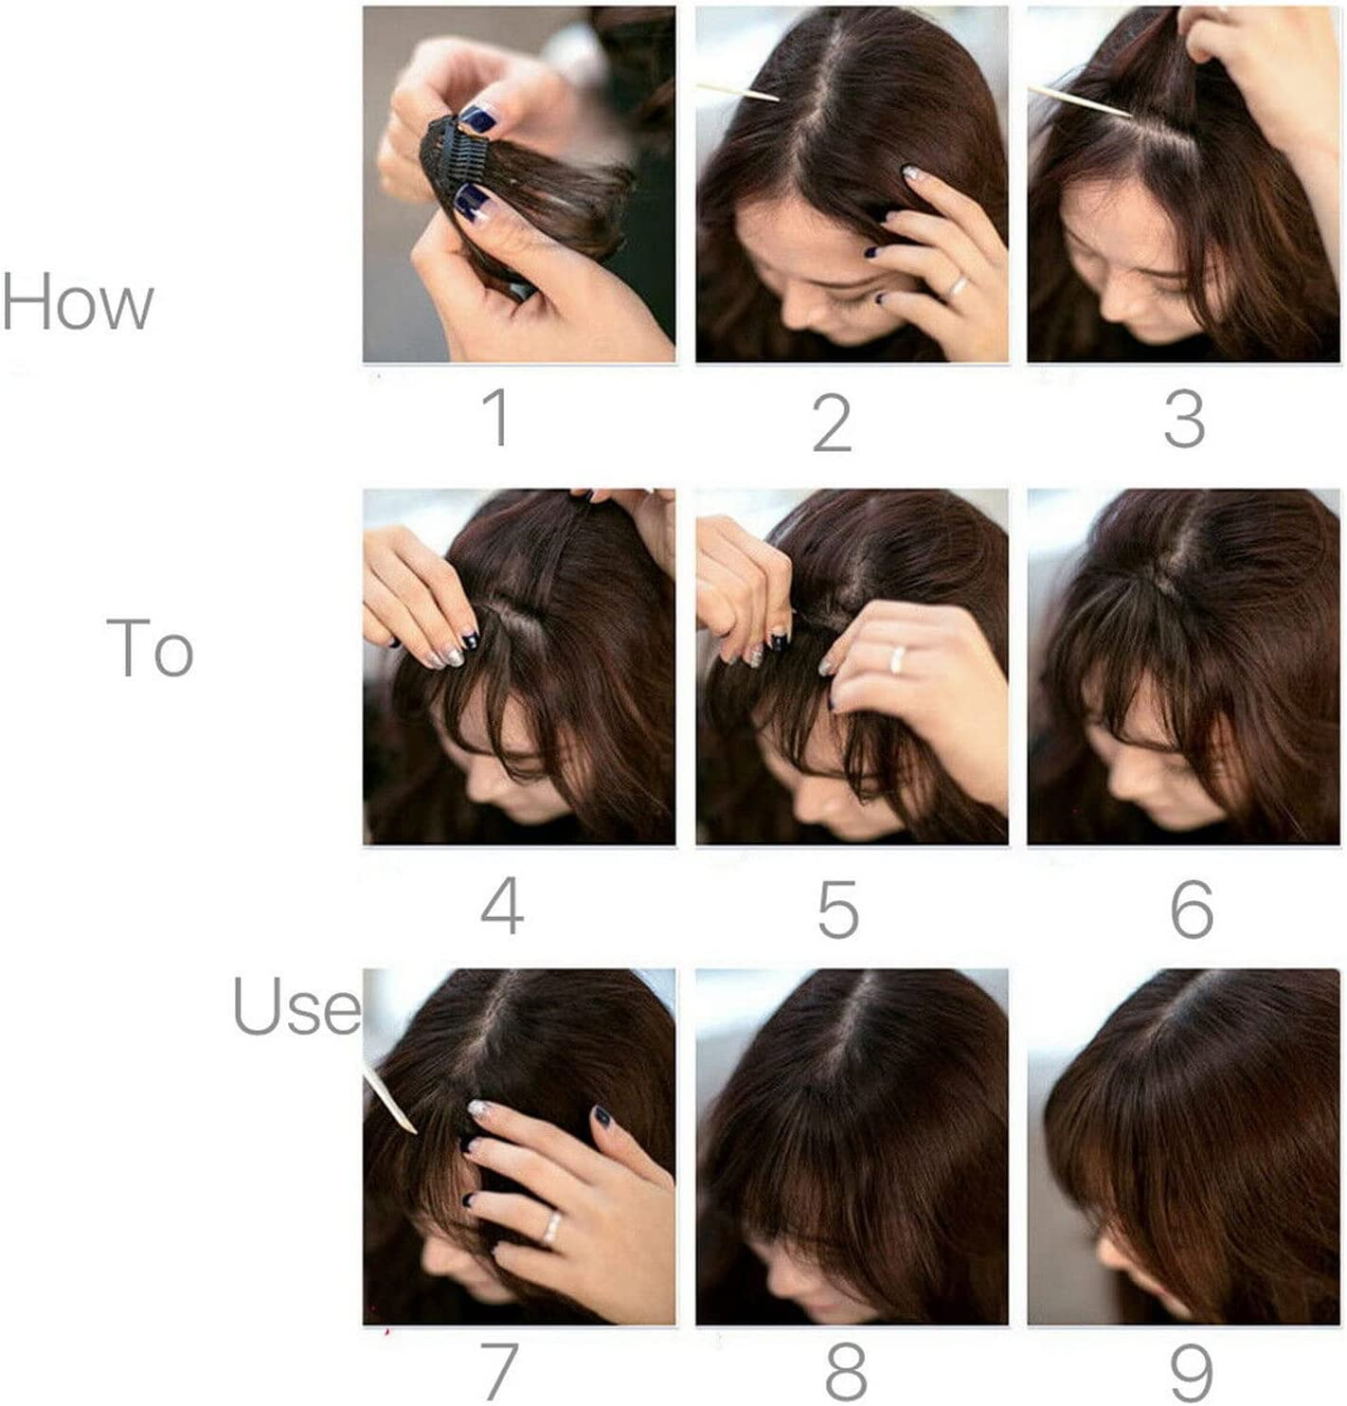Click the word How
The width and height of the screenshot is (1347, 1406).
78,302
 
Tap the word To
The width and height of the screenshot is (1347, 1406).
151,648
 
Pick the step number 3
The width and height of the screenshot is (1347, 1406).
1183,420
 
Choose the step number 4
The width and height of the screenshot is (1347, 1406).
502,907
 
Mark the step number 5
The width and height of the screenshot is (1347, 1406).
838,910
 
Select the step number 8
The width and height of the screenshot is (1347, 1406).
846,1370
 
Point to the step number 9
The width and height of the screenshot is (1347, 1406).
1192,1370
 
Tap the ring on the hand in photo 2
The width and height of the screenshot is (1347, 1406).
958,285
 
